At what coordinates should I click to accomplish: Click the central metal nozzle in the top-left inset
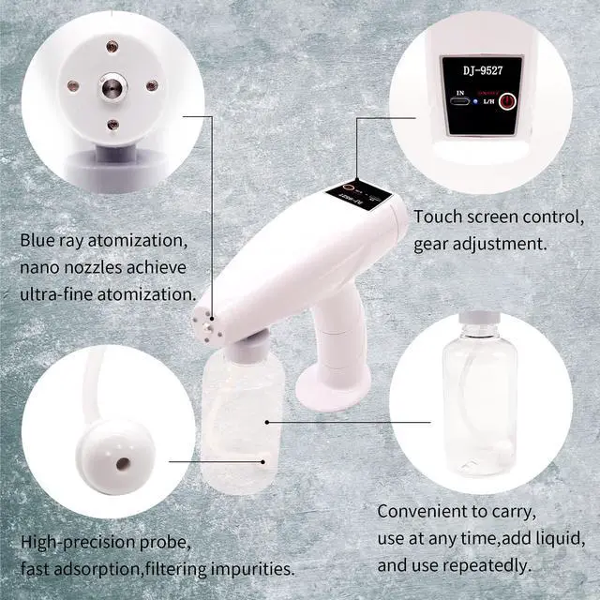[112, 87]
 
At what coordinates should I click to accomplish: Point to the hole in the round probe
[121, 463]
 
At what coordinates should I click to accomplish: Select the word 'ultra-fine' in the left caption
[61, 293]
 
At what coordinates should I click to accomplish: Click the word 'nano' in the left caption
[39, 267]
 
